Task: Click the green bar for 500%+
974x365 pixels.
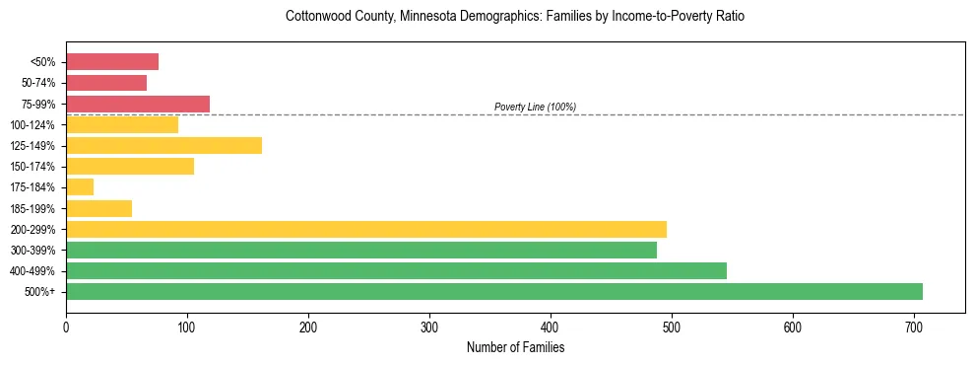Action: [493, 291]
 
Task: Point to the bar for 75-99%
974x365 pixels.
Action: [138, 104]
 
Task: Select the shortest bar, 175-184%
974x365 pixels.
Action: [80, 186]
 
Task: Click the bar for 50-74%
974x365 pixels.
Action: [106, 83]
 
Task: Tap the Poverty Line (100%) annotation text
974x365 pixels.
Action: [535, 107]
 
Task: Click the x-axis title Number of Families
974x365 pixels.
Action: [515, 347]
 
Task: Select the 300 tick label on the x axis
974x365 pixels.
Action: [429, 327]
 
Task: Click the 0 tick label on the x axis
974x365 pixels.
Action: [66, 327]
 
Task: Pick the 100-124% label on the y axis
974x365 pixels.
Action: [32, 125]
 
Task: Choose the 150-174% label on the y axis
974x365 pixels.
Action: [32, 167]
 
